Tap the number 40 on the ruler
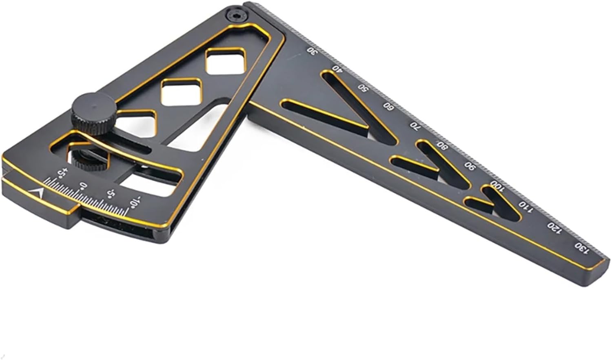[x=337, y=69]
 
